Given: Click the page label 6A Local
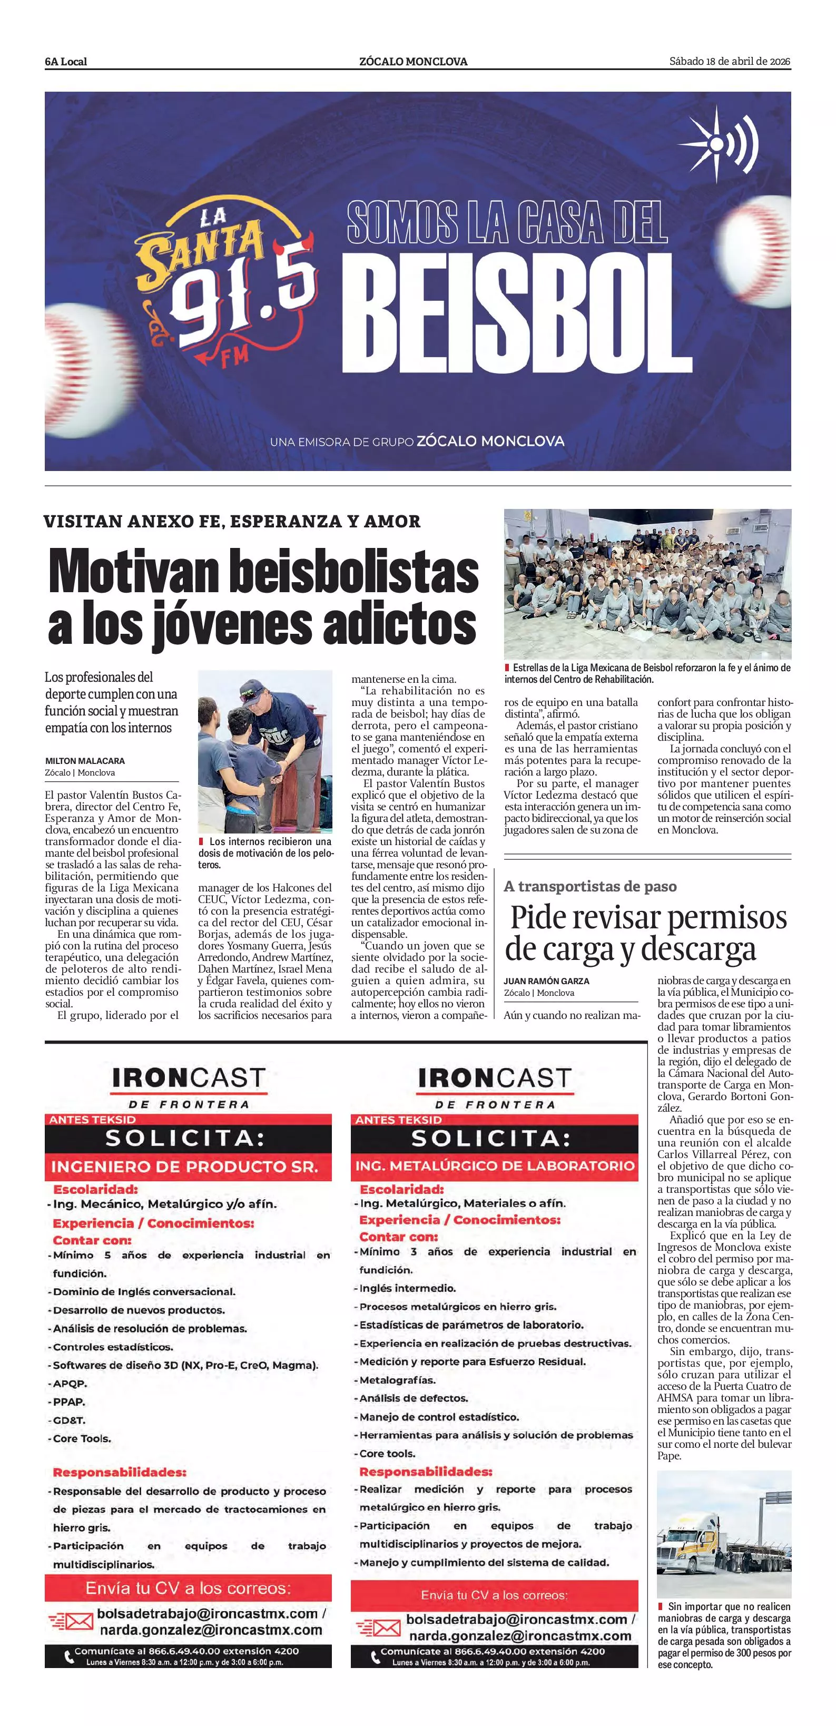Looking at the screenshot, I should pos(66,62).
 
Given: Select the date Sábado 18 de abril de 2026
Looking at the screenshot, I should pos(730,62).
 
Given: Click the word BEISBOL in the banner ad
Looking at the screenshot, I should pos(516,316).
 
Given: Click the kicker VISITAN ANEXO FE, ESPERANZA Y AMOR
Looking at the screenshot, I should pos(232,521).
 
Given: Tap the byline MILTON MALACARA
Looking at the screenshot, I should pos(85,760).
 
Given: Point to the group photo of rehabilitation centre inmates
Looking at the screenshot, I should pos(647,584).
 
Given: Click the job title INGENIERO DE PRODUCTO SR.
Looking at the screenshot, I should pos(184,1166).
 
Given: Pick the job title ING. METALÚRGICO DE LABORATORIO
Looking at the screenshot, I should pos(494,1166).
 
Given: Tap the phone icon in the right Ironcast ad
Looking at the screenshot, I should pos(376,1657).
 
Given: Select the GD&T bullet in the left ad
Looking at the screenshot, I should pos(69,1420).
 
